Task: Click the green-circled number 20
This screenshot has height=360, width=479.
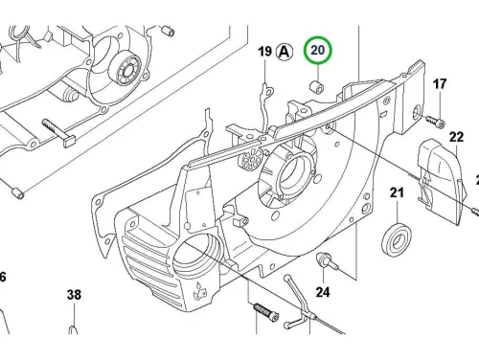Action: pyautogui.click(x=318, y=51)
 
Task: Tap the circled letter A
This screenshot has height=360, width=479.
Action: pyautogui.click(x=285, y=52)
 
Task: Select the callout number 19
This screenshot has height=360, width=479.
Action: pyautogui.click(x=264, y=52)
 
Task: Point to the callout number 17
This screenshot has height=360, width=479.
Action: pyautogui.click(x=440, y=84)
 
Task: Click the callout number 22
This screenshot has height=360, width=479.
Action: pyautogui.click(x=456, y=137)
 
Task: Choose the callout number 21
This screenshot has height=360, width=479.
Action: pyautogui.click(x=397, y=192)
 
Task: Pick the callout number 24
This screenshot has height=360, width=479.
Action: pyautogui.click(x=323, y=292)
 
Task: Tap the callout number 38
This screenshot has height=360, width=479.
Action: pyautogui.click(x=74, y=295)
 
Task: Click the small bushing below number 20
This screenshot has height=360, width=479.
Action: pyautogui.click(x=317, y=87)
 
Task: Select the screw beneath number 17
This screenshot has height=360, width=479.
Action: pyautogui.click(x=435, y=122)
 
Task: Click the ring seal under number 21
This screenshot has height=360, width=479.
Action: pyautogui.click(x=397, y=240)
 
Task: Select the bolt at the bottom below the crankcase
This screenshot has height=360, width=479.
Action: pyautogui.click(x=265, y=312)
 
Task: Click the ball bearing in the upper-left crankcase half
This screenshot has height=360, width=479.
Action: pyautogui.click(x=125, y=70)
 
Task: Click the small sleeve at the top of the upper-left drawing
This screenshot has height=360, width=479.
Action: pyautogui.click(x=168, y=31)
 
